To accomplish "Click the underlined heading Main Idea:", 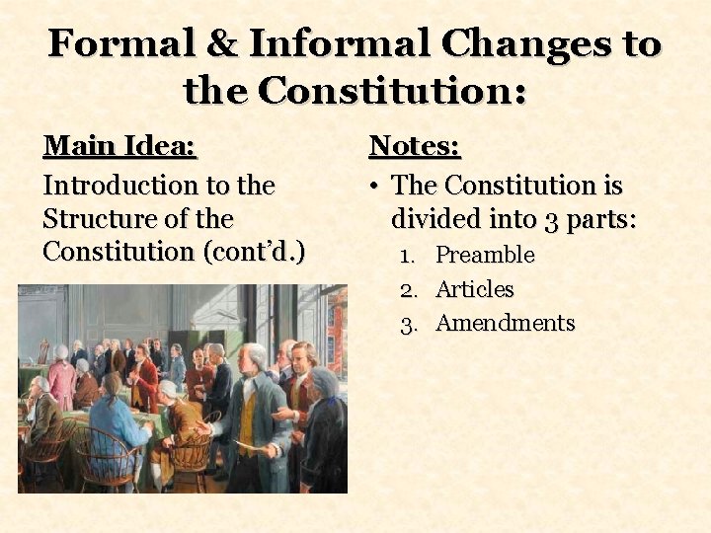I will tap(120, 147).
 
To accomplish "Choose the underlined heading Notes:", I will tap(415, 147).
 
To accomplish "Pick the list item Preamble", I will tap(485, 255).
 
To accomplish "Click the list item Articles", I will tap(475, 289).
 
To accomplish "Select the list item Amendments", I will tap(505, 323).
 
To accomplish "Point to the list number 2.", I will tap(407, 289).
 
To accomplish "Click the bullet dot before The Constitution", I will tap(375, 186).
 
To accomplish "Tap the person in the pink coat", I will tap(62, 380).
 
